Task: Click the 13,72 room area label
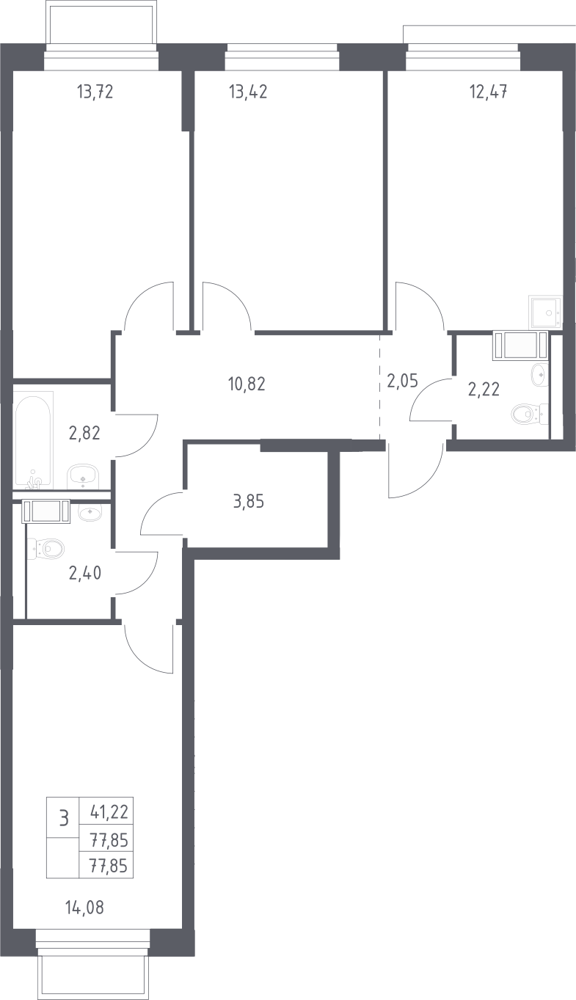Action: point(95,92)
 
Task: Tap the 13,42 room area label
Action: point(248,92)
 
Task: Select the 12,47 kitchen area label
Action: point(489,92)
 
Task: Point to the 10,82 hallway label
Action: point(247,384)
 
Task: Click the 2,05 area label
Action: point(402,381)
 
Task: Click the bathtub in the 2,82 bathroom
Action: point(34,439)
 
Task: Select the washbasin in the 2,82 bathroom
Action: point(83,477)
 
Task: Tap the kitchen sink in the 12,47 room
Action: point(545,313)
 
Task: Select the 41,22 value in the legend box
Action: point(109,811)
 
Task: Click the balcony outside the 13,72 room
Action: point(102,24)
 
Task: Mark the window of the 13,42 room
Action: point(282,56)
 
